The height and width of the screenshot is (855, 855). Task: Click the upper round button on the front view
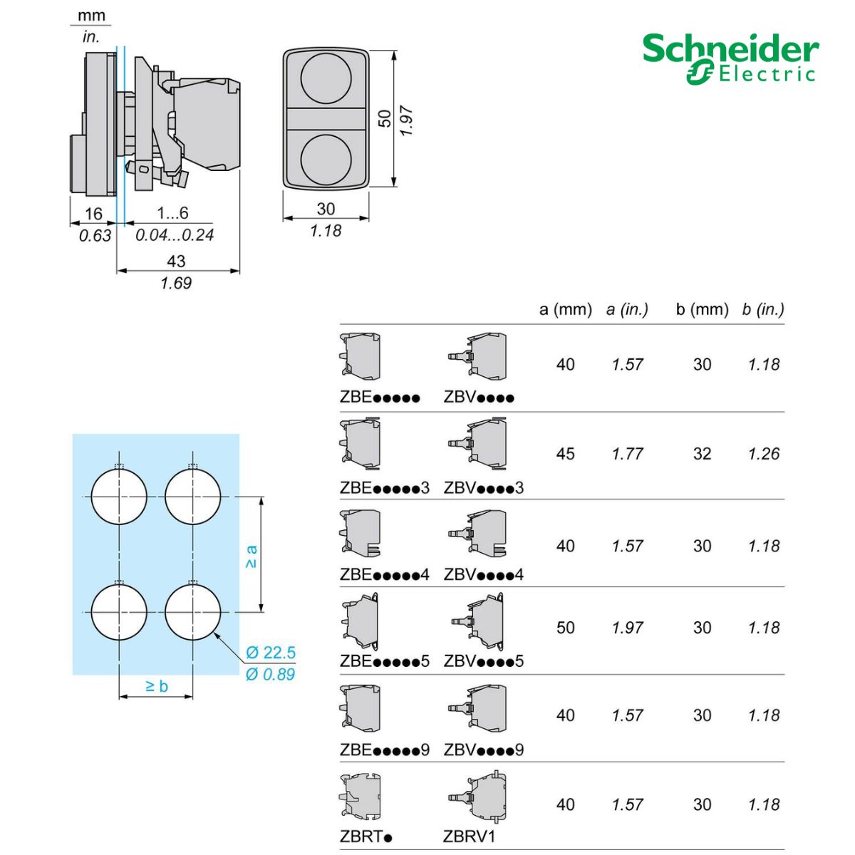(x=326, y=78)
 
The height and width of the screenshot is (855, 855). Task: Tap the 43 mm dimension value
(x=176, y=261)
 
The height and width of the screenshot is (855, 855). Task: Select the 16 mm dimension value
(x=93, y=214)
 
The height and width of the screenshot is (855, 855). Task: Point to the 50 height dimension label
(x=385, y=118)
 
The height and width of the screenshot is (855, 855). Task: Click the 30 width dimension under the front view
(x=326, y=209)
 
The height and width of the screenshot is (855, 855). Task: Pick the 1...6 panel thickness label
(x=172, y=213)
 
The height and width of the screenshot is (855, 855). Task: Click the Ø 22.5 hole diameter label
(x=271, y=653)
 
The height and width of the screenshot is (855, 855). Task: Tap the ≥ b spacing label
(x=156, y=686)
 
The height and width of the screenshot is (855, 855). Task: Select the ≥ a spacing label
(x=251, y=556)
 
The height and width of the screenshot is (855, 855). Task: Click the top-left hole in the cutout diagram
(x=119, y=497)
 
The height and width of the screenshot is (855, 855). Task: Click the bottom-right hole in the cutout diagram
(x=192, y=611)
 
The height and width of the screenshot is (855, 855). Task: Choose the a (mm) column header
(x=566, y=309)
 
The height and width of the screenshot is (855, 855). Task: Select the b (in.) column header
(x=762, y=309)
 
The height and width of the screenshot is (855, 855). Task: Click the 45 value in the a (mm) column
(x=566, y=454)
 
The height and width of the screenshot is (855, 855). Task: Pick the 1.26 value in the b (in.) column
(x=764, y=454)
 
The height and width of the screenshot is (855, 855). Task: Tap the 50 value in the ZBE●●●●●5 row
(x=566, y=628)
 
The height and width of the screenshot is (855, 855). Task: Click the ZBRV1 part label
(x=469, y=836)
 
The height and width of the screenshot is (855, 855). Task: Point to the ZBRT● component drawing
(x=361, y=797)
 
